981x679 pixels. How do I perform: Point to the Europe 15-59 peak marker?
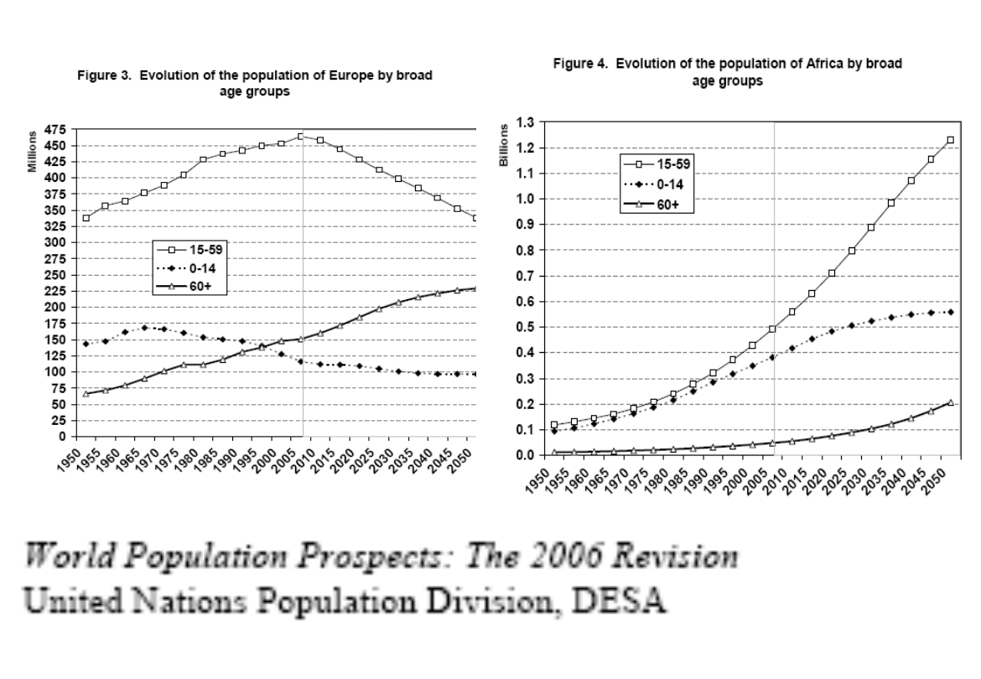(300, 136)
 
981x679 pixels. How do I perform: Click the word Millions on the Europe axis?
(32, 152)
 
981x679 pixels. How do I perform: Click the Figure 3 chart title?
(255, 83)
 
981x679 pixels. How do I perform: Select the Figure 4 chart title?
(727, 72)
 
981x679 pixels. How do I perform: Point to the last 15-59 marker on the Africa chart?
(951, 140)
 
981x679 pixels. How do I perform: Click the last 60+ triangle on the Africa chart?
(951, 402)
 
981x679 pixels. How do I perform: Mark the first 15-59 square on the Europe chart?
(86, 218)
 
